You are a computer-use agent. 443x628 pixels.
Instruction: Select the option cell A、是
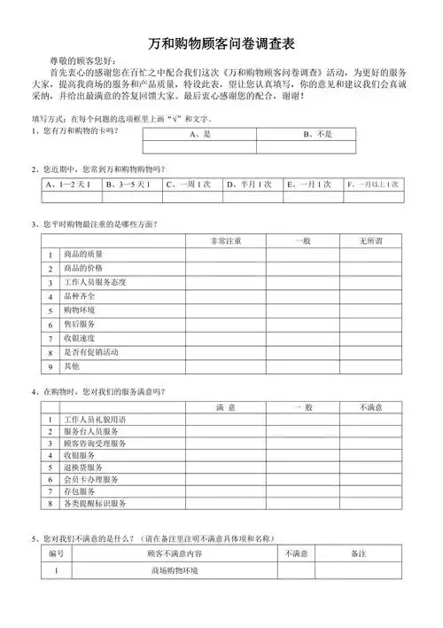198,134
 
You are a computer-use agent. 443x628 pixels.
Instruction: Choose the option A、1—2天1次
71,184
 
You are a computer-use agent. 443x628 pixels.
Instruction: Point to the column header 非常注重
225,240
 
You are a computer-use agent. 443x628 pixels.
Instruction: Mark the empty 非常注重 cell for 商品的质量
225,255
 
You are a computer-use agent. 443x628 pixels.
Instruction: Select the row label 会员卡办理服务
90,479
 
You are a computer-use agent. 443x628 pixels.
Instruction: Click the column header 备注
358,553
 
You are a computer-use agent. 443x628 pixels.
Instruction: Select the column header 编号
56,553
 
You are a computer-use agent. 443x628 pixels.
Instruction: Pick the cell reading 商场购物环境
175,570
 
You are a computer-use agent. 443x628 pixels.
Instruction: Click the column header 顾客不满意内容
175,553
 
